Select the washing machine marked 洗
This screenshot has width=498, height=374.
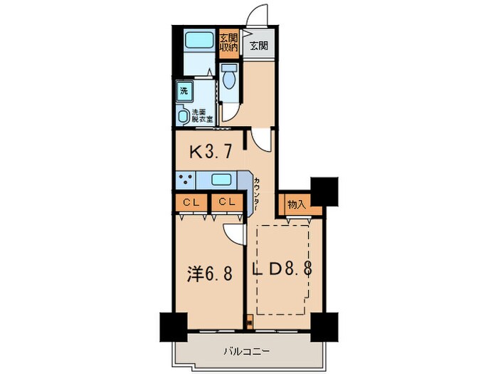(184, 90)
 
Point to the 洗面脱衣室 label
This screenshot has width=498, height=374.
(201, 115)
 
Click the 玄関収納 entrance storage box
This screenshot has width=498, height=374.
(228, 43)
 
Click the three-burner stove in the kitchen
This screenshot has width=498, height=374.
(187, 180)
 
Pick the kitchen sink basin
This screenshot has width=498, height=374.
(222, 180)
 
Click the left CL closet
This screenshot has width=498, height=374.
(190, 203)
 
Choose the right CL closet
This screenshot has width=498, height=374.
(226, 203)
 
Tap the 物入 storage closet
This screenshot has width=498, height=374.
(295, 204)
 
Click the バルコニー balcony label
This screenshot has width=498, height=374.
(246, 351)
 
